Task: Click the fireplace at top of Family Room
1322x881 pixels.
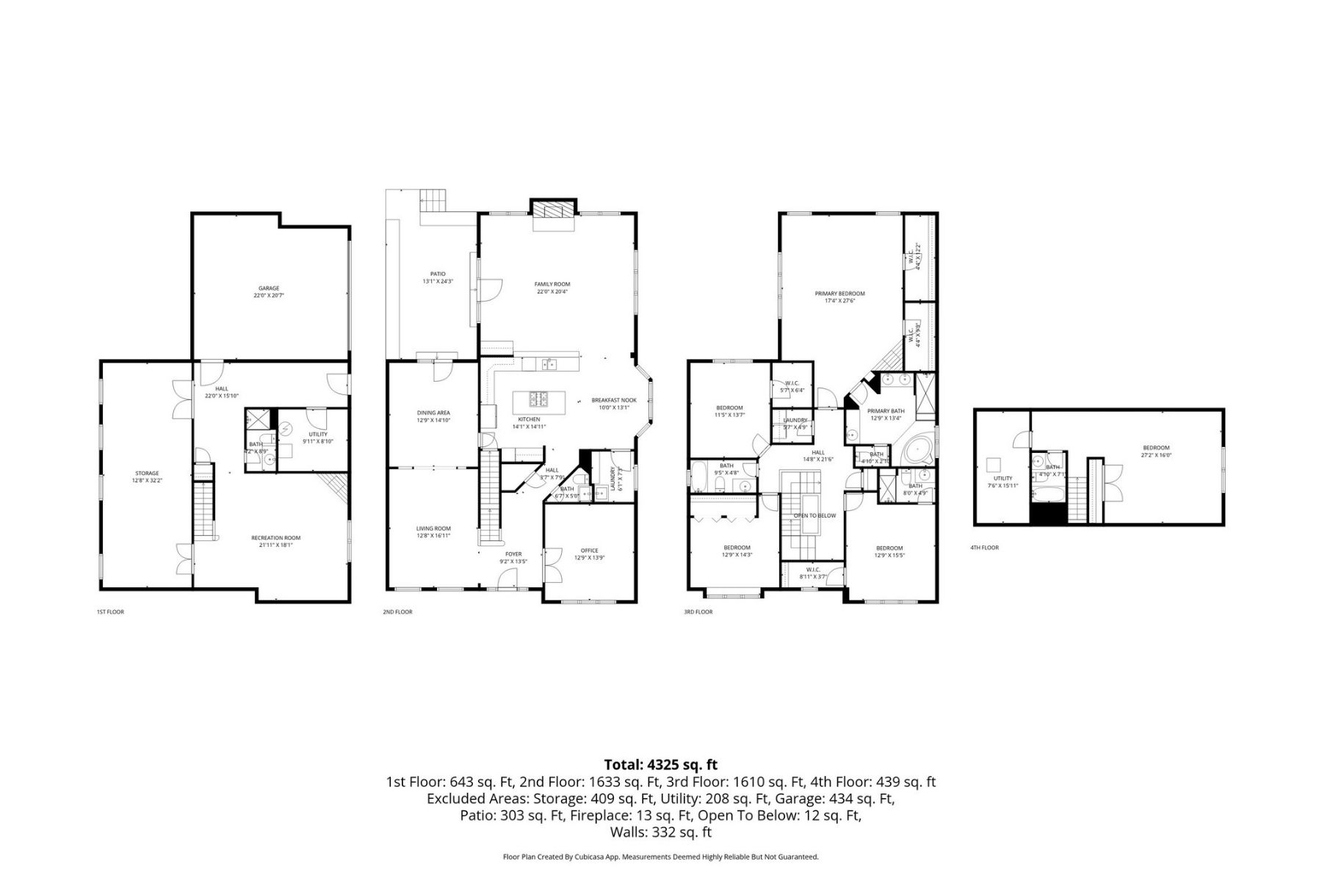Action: click(551, 210)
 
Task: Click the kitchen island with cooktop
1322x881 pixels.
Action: click(540, 400)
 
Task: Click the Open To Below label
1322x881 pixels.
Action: click(814, 515)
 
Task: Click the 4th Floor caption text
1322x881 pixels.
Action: click(984, 548)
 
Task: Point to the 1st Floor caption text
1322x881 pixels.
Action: click(110, 612)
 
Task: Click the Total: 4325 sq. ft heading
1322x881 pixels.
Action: click(660, 764)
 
